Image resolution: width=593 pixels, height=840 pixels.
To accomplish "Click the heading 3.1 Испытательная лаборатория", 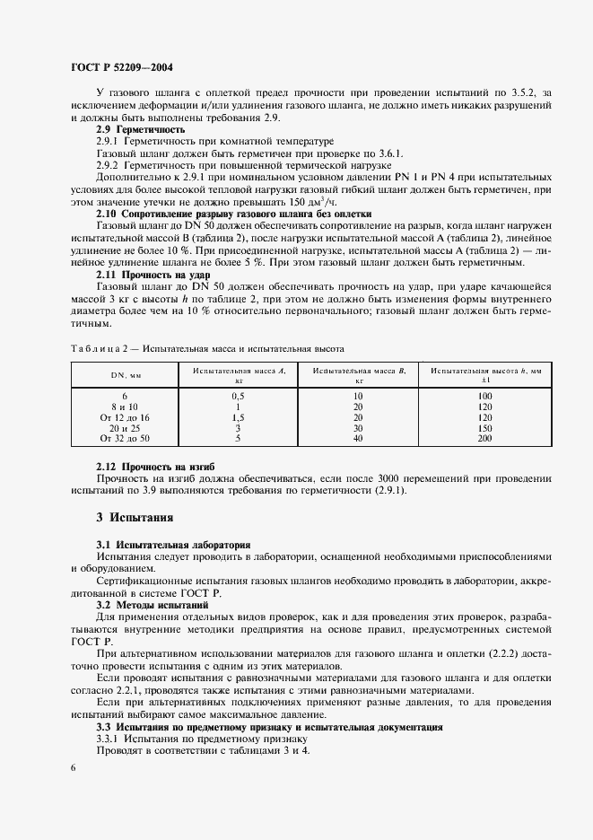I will pos(173,545).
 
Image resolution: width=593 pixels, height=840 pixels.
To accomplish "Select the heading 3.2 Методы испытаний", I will pos(153,606).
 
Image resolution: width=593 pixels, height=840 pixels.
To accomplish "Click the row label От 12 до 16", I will pos(125,417).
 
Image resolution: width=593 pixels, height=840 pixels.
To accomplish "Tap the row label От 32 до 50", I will pos(125,438).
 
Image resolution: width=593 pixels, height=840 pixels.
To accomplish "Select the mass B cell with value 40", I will pos(358,438).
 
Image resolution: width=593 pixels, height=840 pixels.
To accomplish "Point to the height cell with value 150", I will pos(485,428).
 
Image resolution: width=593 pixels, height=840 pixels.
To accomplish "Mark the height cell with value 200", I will pos(485,438).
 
